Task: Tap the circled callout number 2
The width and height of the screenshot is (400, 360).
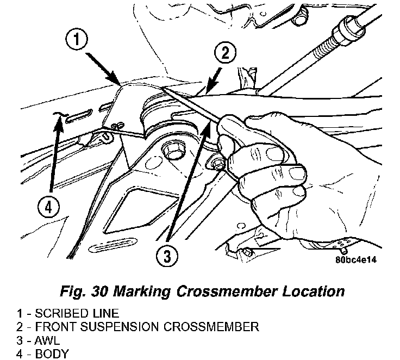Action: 225,53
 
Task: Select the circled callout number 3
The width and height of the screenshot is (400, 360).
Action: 167,256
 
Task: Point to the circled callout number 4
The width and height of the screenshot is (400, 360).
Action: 48,207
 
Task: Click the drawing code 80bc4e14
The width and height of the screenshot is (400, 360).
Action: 356,259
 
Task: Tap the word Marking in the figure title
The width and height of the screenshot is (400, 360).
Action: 142,292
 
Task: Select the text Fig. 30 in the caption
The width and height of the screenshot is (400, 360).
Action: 84,292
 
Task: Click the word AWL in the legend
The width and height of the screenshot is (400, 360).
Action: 47,340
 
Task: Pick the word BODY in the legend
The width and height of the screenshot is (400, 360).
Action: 52,354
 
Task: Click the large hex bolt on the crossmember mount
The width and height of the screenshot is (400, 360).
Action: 170,152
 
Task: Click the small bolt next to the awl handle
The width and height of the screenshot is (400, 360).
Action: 217,163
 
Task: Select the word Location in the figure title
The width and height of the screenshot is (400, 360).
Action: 313,291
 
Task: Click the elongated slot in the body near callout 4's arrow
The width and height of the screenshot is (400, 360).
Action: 79,116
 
